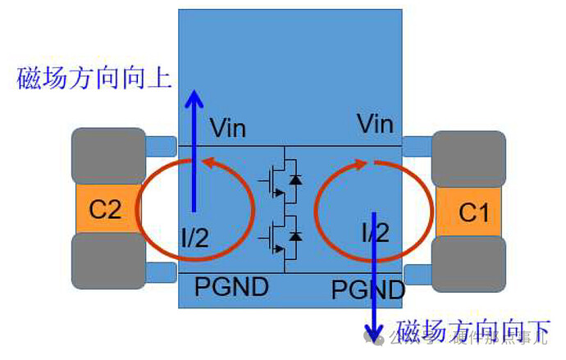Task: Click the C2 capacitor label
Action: click(x=105, y=210)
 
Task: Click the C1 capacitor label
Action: click(x=473, y=213)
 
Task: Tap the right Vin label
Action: click(x=375, y=125)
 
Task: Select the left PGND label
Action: click(x=231, y=286)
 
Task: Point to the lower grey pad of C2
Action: click(x=108, y=261)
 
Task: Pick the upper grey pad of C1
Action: click(x=469, y=157)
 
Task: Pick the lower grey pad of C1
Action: click(x=469, y=265)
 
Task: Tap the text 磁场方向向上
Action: click(x=94, y=79)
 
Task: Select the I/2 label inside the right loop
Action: click(x=374, y=233)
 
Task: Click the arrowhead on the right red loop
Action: click(x=361, y=163)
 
